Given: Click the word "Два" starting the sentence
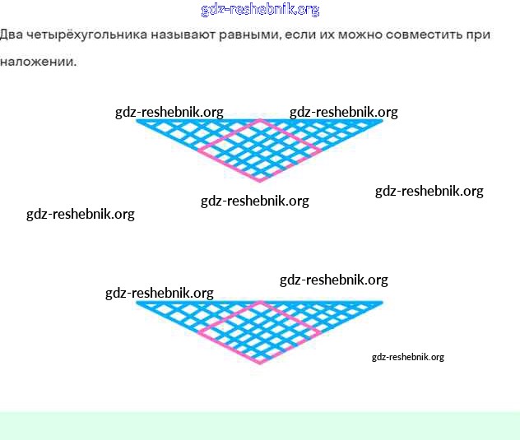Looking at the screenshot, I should (x=12, y=35).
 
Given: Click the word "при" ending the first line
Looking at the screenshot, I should (x=481, y=35).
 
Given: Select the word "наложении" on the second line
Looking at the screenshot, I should (x=38, y=62).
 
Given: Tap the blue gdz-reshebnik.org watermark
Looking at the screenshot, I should (x=260, y=10).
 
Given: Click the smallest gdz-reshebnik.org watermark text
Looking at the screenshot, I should (x=407, y=357).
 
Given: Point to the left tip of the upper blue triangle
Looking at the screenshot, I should (x=137, y=121).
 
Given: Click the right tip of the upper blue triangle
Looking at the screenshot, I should (x=382, y=121).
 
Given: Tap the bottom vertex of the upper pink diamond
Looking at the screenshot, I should (x=260, y=180).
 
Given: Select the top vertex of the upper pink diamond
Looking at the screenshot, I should (x=260, y=120).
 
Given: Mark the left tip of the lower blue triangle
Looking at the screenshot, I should (x=137, y=303).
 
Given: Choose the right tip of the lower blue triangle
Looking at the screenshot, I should (x=382, y=303).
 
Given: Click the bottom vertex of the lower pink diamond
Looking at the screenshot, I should (x=260, y=363).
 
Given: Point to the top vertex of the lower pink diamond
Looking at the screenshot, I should (x=260, y=303).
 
